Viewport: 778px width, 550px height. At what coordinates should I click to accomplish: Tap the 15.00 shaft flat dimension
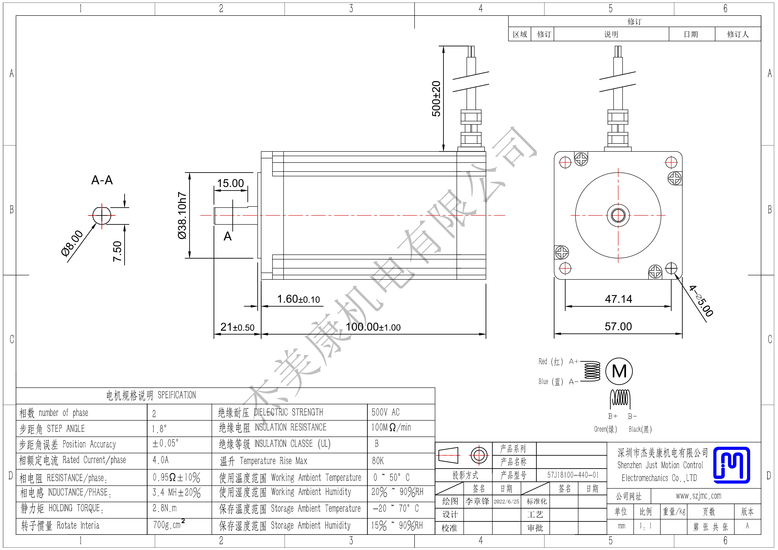pos(230,183)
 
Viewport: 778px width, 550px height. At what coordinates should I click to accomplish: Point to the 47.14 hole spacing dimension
pos(618,299)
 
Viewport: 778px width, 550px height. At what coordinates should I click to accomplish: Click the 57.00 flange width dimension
pos(618,326)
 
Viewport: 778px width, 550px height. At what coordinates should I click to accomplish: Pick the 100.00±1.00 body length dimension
pos(373,327)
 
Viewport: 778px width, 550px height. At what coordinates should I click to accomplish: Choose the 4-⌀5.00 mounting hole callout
pos(701,301)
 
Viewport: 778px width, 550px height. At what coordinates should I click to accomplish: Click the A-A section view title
pos(102,180)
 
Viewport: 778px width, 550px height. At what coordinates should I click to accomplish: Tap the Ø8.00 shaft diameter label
pos(72,243)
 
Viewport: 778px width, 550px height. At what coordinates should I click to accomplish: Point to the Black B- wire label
pos(640,429)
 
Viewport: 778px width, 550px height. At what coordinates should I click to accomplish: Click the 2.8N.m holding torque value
pos(164,508)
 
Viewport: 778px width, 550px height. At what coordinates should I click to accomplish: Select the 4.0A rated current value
pos(160,460)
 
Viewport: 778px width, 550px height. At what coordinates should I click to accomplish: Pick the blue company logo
pos(732,465)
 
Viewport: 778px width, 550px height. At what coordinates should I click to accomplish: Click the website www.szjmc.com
pos(699,496)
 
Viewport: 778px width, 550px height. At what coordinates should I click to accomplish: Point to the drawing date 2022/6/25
pos(506,501)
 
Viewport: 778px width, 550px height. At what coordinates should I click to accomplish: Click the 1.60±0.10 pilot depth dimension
pos(299,299)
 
